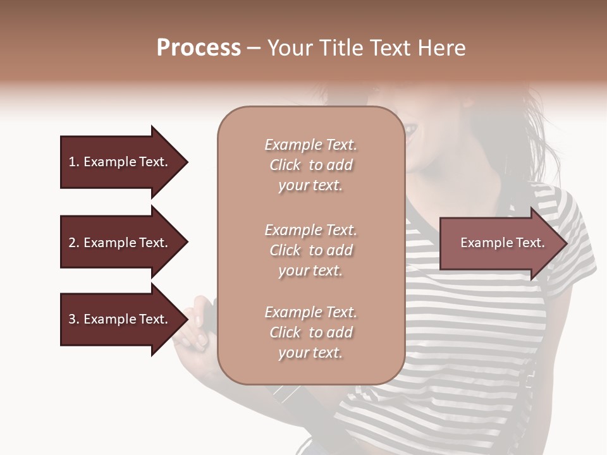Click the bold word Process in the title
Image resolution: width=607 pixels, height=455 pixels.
pyautogui.click(x=199, y=48)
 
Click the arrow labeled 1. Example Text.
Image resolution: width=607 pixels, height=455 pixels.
pyautogui.click(x=120, y=162)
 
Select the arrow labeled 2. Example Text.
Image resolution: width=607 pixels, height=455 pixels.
pyautogui.click(x=120, y=243)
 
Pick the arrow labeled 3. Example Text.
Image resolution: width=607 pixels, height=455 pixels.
pyautogui.click(x=120, y=319)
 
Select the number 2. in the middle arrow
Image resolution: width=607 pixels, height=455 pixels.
pyautogui.click(x=74, y=243)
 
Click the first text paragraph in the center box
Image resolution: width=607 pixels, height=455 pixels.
pyautogui.click(x=310, y=165)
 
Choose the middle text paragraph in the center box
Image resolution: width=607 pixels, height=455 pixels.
pyautogui.click(x=310, y=250)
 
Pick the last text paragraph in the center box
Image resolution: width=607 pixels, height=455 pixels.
pyautogui.click(x=310, y=332)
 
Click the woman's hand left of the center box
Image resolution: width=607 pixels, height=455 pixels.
pyautogui.click(x=197, y=322)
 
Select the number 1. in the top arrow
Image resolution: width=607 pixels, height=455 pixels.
pyautogui.click(x=74, y=162)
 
